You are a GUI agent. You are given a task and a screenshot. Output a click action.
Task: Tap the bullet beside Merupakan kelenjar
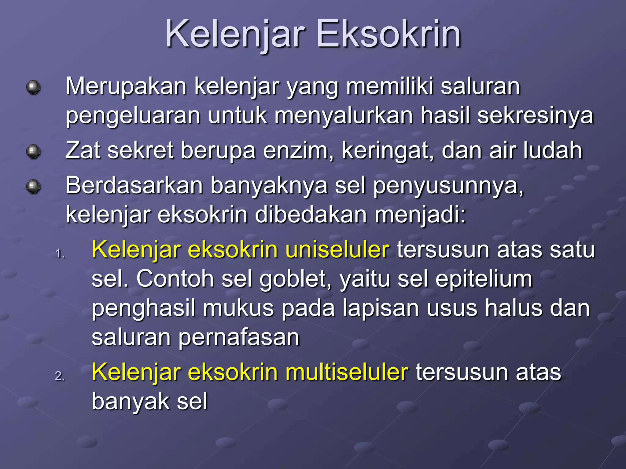33,88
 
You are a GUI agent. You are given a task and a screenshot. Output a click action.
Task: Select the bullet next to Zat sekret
33,152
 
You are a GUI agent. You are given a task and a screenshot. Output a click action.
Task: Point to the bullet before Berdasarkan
33,186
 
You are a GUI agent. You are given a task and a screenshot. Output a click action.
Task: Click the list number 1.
60,253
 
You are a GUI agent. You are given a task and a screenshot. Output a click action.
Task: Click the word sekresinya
535,116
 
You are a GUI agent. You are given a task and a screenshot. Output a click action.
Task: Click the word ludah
552,151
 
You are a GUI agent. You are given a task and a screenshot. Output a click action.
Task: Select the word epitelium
484,279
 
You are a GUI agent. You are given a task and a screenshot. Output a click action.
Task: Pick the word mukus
238,308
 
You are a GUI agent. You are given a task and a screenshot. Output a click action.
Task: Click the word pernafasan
239,338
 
